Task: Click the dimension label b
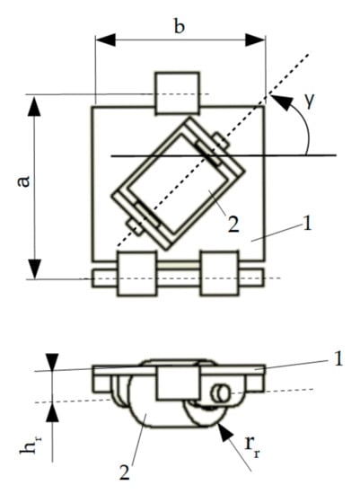coord(180,25)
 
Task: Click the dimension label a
coord(23,181)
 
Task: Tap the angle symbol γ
coord(310,101)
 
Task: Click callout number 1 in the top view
coord(306,225)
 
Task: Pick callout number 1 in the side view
coord(338,358)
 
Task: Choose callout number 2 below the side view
coord(125,472)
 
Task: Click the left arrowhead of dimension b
coord(105,40)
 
